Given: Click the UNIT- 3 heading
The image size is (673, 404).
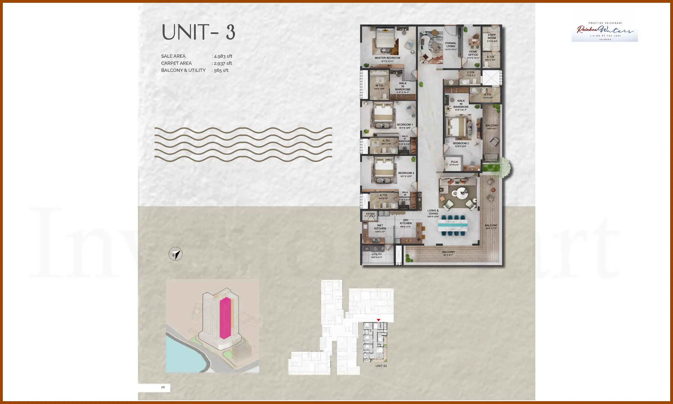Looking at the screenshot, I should pyautogui.click(x=198, y=33).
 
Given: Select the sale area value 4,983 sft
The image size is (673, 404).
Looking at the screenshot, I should pyautogui.click(x=223, y=56).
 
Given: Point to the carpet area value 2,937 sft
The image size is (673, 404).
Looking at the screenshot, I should pyautogui.click(x=223, y=63).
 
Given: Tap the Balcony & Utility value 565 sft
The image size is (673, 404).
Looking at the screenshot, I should pyautogui.click(x=221, y=70).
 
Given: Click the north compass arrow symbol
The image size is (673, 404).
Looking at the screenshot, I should pyautogui.click(x=176, y=254).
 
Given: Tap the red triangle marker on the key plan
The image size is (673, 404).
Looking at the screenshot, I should pyautogui.click(x=379, y=320).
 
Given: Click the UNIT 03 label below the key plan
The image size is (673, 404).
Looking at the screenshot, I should pyautogui.click(x=381, y=366).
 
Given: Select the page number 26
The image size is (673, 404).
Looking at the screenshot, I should pyautogui.click(x=163, y=387).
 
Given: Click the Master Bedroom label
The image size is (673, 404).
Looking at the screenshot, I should pyautogui.click(x=387, y=58).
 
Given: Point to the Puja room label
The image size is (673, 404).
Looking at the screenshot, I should pyautogui.click(x=455, y=162).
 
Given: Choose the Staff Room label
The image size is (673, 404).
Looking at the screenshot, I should pyautogui.click(x=492, y=36).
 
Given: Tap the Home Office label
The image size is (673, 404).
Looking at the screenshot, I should pyautogui.click(x=473, y=53).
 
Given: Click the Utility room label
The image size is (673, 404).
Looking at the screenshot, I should pyautogui.click(x=377, y=254).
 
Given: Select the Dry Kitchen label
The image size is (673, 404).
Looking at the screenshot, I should pyautogui.click(x=406, y=222).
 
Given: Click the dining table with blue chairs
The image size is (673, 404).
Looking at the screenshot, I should pyautogui.click(x=453, y=225).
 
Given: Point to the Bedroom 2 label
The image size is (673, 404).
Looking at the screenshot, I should pyautogui.click(x=461, y=143).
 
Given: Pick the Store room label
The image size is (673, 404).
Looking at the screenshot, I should pyautogui.click(x=370, y=214).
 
